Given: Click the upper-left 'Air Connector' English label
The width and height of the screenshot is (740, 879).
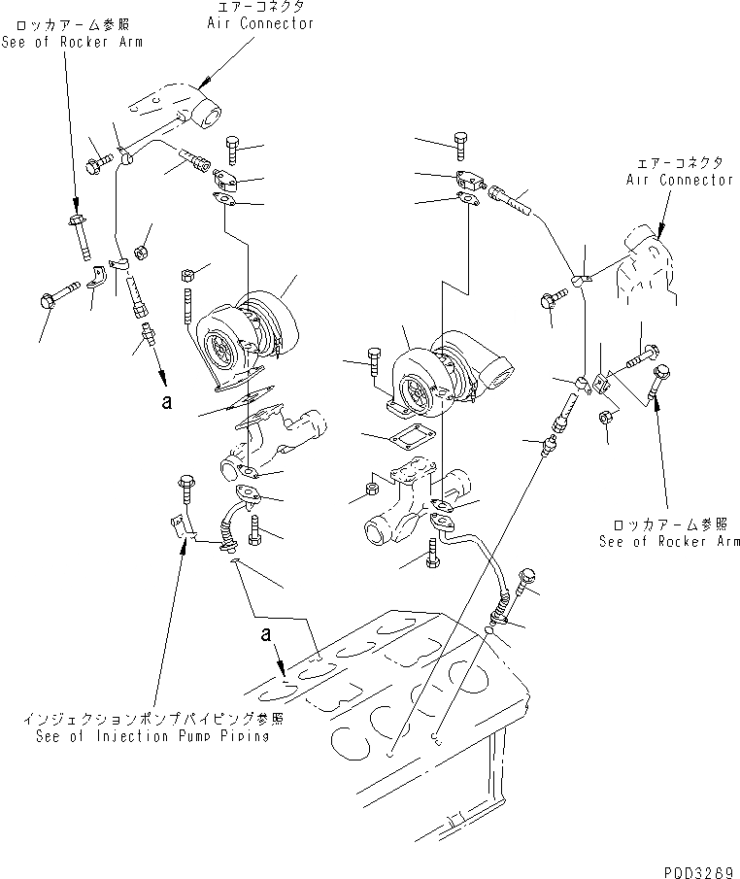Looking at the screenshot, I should [x=260, y=23].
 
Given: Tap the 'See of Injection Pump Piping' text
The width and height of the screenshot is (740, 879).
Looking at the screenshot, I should [x=146, y=736].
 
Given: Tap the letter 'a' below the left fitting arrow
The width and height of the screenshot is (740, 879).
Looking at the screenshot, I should [x=167, y=401].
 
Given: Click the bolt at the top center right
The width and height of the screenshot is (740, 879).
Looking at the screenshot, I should [x=461, y=145].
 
